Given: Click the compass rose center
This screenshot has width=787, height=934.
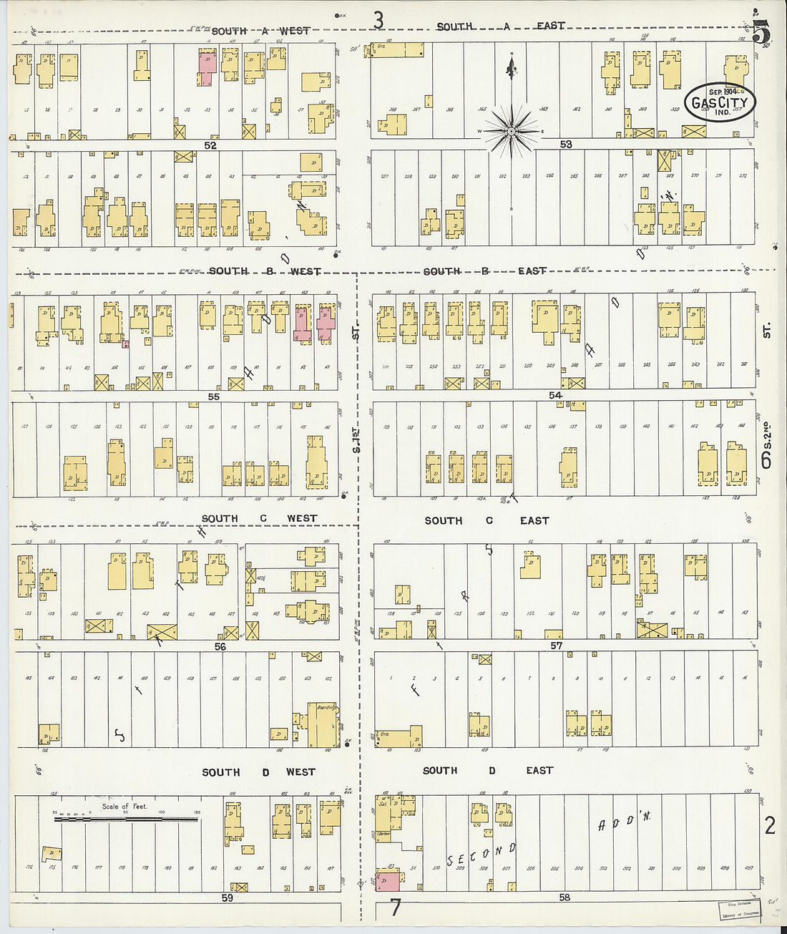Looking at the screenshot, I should pyautogui.click(x=512, y=132).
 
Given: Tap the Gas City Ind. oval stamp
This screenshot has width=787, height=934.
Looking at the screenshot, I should pyautogui.click(x=720, y=102).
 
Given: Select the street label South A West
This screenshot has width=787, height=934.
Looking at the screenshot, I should pyautogui.click(x=260, y=31).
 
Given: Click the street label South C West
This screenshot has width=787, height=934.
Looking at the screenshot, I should pyautogui.click(x=258, y=518).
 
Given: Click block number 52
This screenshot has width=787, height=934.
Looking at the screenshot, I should pyautogui.click(x=210, y=145).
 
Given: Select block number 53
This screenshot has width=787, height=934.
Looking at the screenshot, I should pyautogui.click(x=566, y=145).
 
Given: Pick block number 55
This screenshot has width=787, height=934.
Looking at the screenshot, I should pyautogui.click(x=213, y=396).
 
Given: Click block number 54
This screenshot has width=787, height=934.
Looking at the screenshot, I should pyautogui.click(x=555, y=395).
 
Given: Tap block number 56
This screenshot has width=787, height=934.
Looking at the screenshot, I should pyautogui.click(x=220, y=646).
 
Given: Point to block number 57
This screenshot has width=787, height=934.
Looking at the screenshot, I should pyautogui.click(x=556, y=646).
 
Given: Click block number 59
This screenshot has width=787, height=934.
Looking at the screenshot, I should pyautogui.click(x=227, y=897).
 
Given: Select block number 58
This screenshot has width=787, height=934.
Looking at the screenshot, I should pyautogui.click(x=564, y=897).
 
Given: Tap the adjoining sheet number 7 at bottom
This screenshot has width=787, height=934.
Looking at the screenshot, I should pyautogui.click(x=395, y=908).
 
